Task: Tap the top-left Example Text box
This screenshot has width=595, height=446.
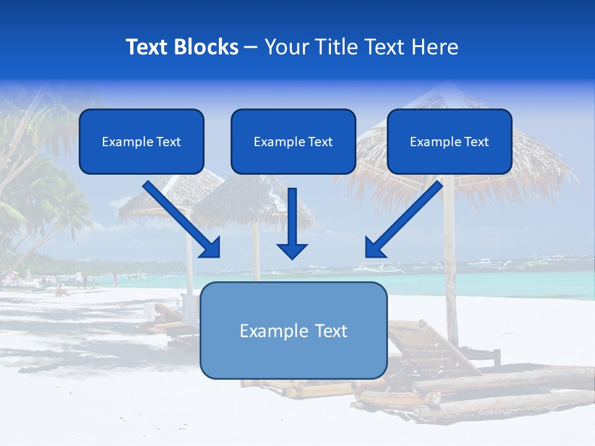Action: [x=141, y=141]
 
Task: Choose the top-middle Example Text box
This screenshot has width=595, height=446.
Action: [x=293, y=141]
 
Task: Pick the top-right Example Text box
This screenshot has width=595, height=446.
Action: [x=449, y=141]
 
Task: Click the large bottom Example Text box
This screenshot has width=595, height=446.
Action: [x=293, y=330]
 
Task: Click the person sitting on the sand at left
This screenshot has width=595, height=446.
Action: [x=61, y=291]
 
